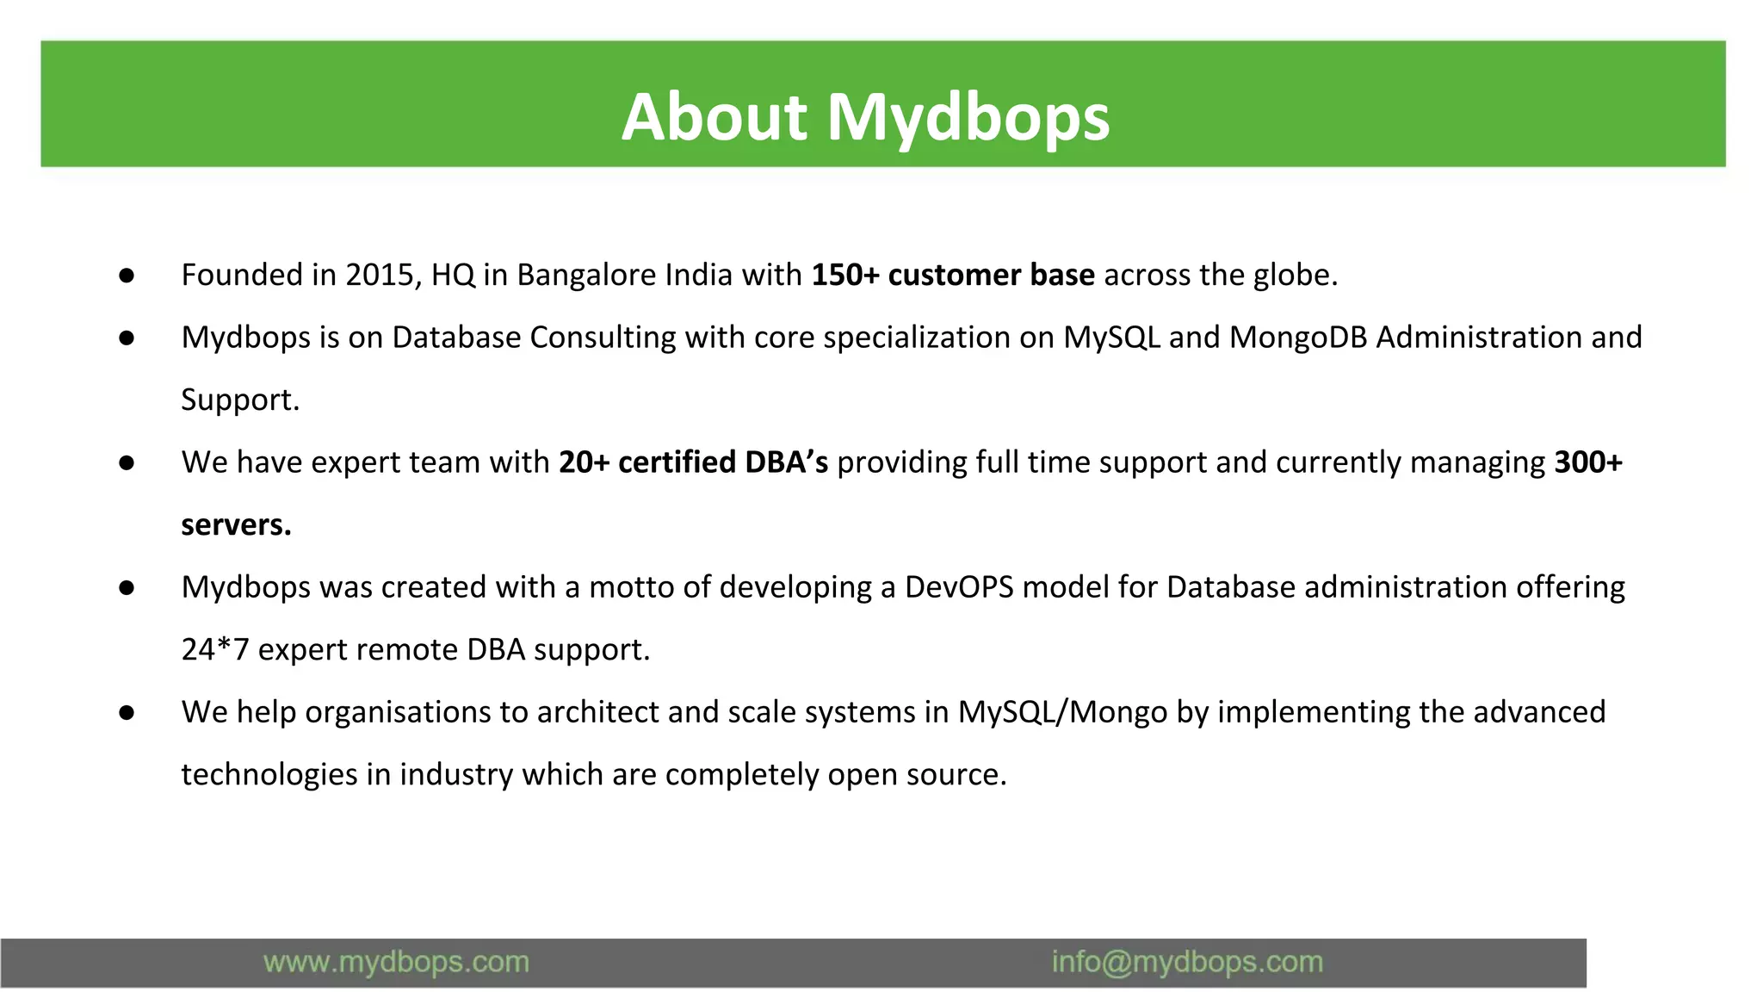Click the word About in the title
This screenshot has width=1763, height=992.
[x=714, y=117]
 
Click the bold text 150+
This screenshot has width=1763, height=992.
[x=844, y=275]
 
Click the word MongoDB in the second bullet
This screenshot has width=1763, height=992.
[x=1298, y=338]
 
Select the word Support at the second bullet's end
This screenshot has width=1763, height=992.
[x=238, y=400]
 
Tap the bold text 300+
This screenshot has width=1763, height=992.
[x=1587, y=462]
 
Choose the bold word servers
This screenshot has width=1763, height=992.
[x=235, y=524]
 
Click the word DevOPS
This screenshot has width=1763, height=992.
[x=959, y=587]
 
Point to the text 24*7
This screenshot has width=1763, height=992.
[x=214, y=649]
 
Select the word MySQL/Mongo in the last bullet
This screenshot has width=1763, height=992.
[x=1062, y=712]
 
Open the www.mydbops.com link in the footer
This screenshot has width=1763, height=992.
[x=396, y=962]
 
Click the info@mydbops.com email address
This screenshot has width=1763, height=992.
[x=1186, y=962]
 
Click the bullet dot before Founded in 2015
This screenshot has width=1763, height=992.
[x=127, y=276]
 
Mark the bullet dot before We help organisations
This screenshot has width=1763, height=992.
[x=127, y=713]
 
